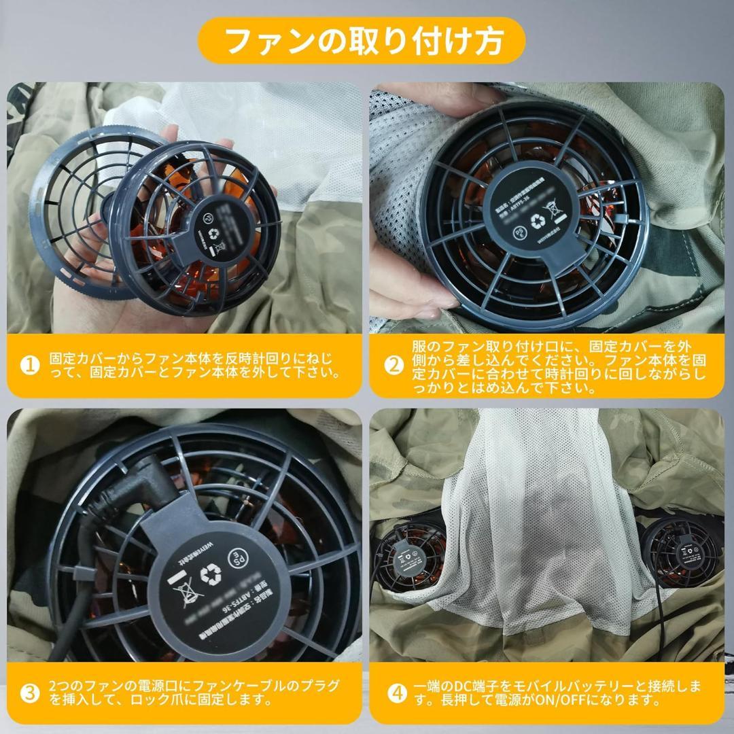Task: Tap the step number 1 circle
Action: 29,365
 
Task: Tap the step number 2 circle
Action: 394,365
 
